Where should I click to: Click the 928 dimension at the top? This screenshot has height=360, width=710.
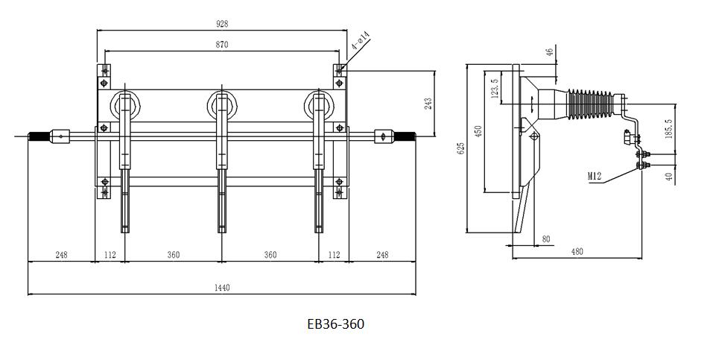[x=222, y=24]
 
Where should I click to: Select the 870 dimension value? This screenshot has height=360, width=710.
[x=222, y=45]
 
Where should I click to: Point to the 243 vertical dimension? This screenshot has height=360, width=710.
[x=428, y=103]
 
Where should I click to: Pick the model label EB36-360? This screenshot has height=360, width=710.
[x=335, y=324]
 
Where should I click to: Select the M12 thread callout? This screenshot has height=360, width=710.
[x=595, y=176]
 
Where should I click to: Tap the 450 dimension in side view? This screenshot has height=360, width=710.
[x=478, y=131]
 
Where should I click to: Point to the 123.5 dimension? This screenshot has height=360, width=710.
[x=492, y=90]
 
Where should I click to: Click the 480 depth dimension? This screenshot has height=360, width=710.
[x=577, y=252]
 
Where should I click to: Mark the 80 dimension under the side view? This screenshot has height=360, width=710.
[x=546, y=239]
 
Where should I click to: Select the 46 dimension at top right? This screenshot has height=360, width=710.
[x=550, y=52]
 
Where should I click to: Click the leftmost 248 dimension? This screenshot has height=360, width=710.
[x=61, y=255]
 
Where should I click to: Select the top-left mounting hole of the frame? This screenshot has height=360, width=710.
[x=104, y=72]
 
